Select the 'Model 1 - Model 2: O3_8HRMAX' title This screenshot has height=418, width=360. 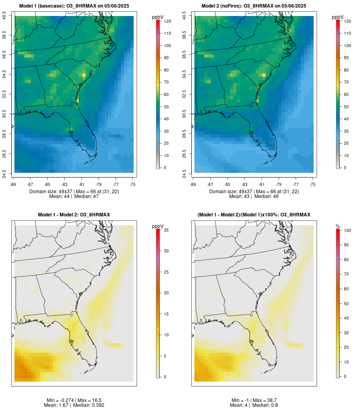(74, 215)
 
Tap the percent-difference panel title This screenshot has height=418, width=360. (254, 215)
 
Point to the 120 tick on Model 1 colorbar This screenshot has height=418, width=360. (166, 21)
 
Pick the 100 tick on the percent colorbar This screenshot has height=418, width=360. (346, 230)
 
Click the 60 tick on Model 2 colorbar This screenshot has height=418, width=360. (346, 94)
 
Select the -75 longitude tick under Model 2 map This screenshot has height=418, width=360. (312, 184)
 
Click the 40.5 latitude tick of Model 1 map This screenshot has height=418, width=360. (4, 16)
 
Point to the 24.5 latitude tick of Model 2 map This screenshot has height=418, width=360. (184, 173)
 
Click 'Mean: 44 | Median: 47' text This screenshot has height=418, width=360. (74, 196)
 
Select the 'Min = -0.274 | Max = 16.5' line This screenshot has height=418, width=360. (74, 400)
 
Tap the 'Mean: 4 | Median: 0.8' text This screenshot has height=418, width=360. (254, 405)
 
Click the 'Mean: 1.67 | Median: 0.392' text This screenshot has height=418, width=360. (74, 405)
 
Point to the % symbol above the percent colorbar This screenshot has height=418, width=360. (338, 226)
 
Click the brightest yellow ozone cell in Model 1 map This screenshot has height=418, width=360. (84, 75)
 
